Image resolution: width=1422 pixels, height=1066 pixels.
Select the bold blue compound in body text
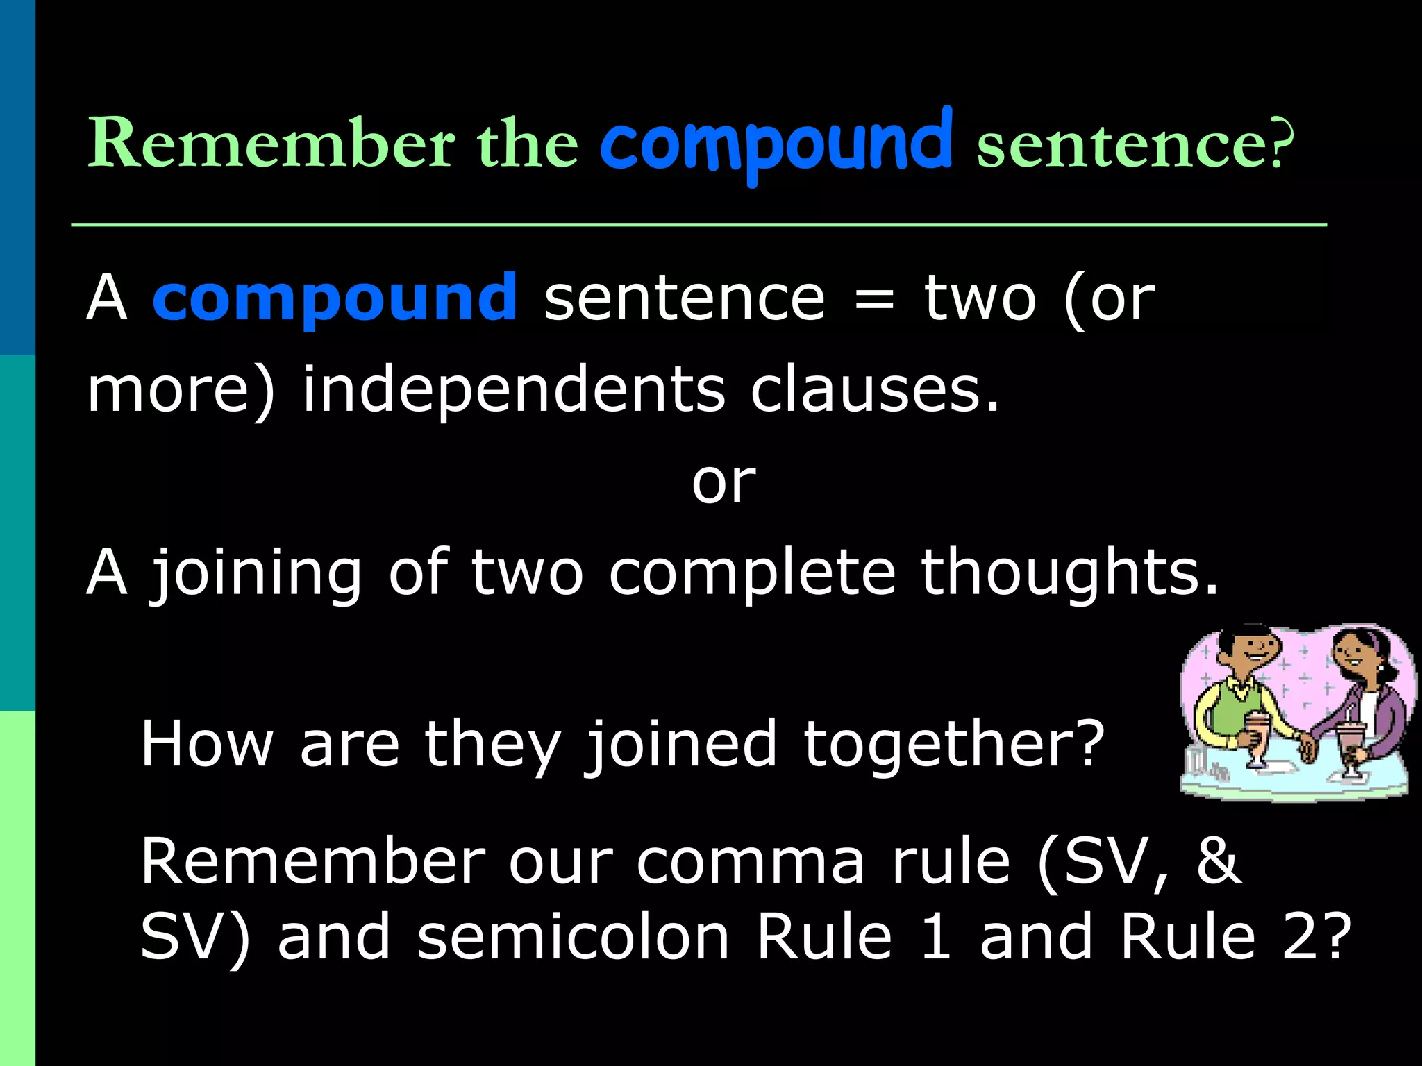tap(335, 298)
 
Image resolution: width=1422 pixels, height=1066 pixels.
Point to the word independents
tap(514, 390)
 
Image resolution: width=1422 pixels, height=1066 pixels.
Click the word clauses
tap(874, 390)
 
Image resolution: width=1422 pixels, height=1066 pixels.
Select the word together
tap(953, 744)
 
